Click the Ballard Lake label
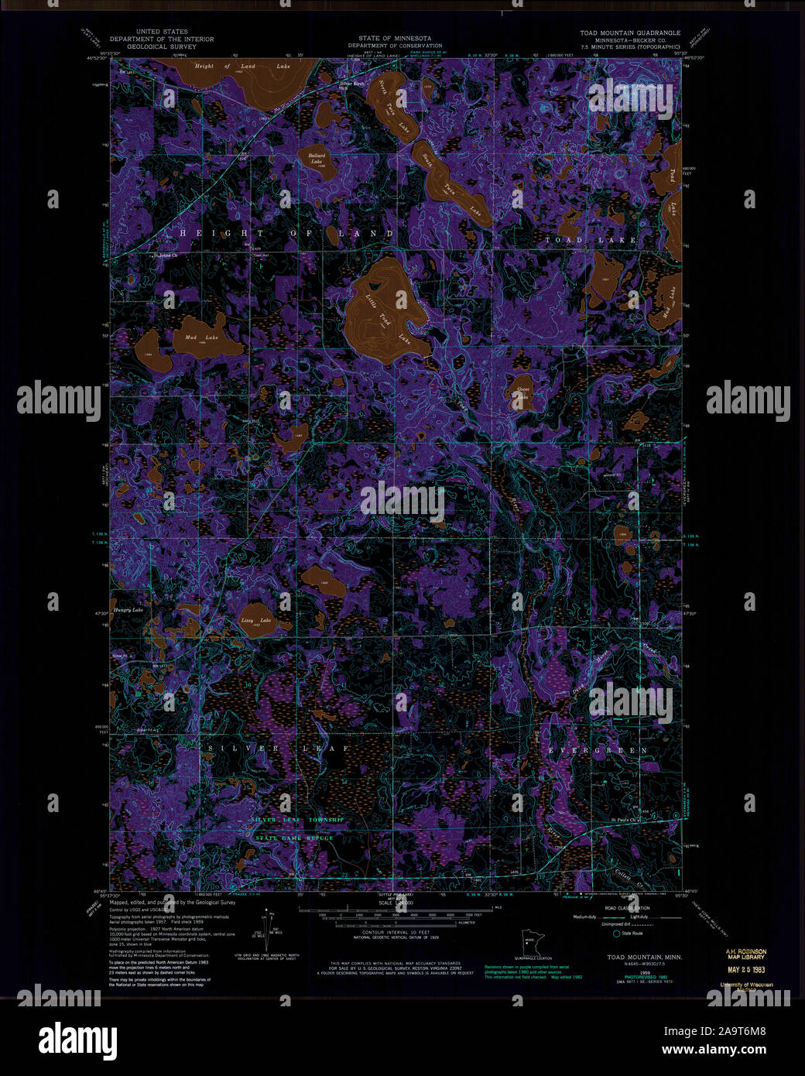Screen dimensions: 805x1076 coord(316,159)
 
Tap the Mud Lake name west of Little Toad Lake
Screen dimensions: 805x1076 coord(201,338)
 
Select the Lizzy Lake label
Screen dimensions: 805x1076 coord(255,621)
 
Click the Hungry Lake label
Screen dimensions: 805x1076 coord(127,610)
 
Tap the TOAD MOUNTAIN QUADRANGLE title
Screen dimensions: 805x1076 coord(630,33)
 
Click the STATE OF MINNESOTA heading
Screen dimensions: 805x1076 coord(395,38)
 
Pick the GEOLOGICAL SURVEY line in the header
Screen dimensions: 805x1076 coord(162,46)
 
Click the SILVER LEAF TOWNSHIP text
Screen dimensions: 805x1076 coord(297,820)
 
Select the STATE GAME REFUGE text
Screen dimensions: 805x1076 coord(295,838)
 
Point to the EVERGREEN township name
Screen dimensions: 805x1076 coord(598,751)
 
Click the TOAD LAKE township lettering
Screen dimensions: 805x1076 coord(591,240)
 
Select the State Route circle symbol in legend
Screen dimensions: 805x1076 coord(617,934)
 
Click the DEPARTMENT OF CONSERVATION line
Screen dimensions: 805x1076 coord(395,46)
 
